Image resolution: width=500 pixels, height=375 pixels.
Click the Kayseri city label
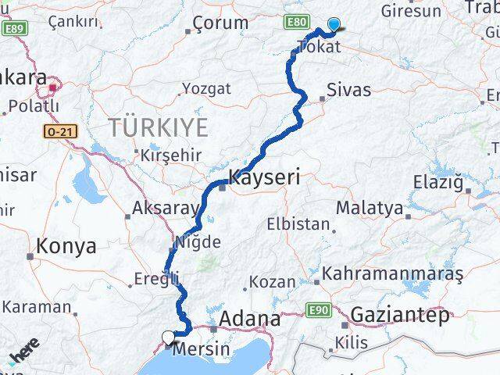pyautogui.click(x=264, y=177)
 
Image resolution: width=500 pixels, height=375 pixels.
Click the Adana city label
pyautogui.click(x=251, y=319)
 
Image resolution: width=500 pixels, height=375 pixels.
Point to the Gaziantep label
pyautogui.click(x=401, y=316)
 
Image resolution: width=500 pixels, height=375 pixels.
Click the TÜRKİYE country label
pyautogui.click(x=159, y=127)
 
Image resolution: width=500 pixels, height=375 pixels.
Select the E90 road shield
pyautogui.click(x=316, y=311)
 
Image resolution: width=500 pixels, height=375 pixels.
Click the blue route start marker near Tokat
pyautogui.click(x=334, y=24)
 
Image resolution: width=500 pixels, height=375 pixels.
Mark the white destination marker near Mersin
pyautogui.click(x=169, y=337)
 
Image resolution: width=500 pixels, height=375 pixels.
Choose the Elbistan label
pyautogui.click(x=298, y=224)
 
